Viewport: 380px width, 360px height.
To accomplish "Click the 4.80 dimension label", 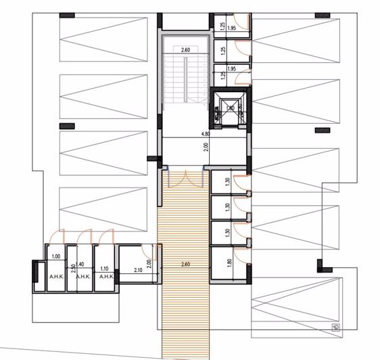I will pos(197,133).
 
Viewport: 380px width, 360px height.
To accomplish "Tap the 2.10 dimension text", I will pos(138,270).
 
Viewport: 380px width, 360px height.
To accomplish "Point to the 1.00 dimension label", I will pos(55,256).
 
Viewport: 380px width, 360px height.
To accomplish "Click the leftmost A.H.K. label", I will pos(56,277).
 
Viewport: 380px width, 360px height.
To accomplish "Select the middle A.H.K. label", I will pos(82,277).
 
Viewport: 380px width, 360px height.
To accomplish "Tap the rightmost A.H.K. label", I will pos(105,277).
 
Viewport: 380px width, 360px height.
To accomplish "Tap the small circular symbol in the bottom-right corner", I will pos(336,328).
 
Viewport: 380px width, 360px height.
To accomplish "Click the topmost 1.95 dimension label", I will pos(231,28).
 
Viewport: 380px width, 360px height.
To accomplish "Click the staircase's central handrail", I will pos(185,81).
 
